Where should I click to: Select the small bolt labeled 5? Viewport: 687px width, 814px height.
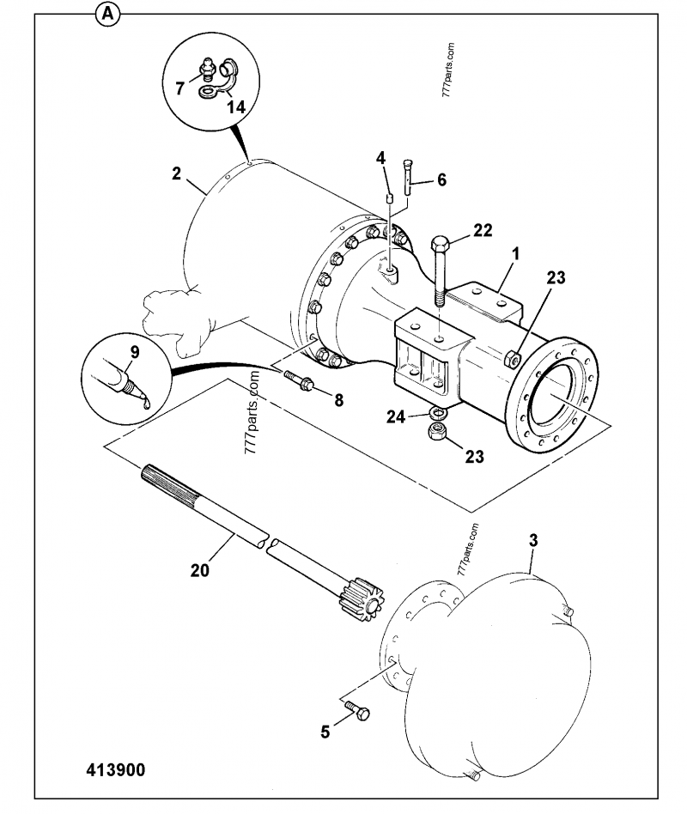click(359, 709)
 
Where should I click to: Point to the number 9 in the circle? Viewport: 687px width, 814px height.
click(134, 351)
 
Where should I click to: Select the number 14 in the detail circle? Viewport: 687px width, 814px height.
click(235, 106)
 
